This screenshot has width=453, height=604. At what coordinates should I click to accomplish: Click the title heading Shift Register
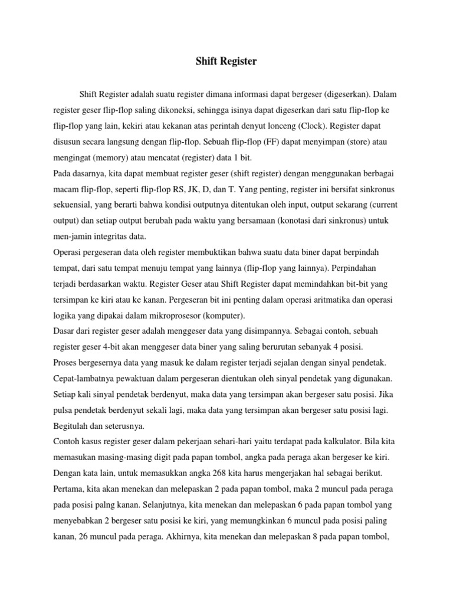point(226,61)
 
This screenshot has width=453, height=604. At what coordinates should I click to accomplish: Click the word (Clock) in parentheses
point(316,126)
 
